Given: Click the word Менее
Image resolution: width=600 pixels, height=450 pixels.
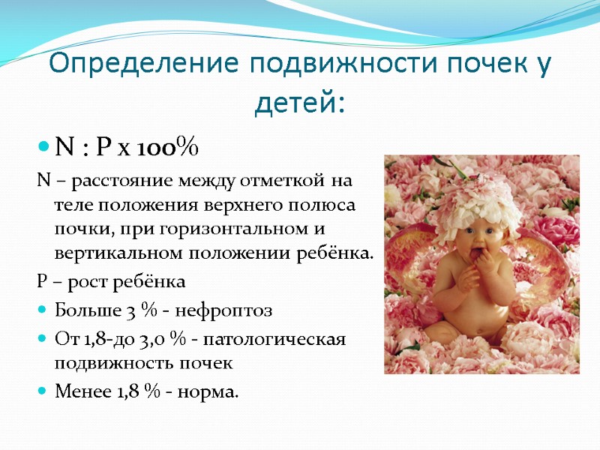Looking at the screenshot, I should (80, 391).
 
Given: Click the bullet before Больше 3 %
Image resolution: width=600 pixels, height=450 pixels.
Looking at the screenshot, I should (42, 309).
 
